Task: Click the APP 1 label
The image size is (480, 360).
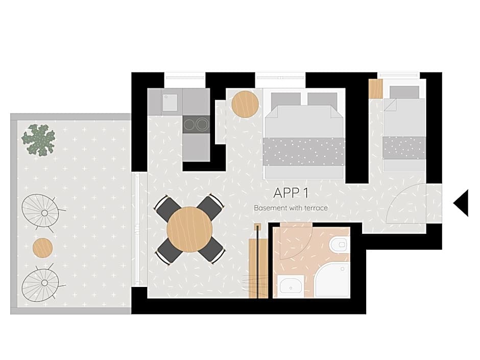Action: [291, 193]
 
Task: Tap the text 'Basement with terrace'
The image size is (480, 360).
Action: [291, 208]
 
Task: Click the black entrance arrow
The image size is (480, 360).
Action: [461, 203]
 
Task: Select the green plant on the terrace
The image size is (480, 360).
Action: [38, 139]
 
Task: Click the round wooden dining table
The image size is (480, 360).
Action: [189, 229]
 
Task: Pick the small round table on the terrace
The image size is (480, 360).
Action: [42, 248]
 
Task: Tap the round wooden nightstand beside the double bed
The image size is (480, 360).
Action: [245, 104]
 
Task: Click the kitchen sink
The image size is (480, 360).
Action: [170, 102]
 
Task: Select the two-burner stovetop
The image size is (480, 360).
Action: [196, 124]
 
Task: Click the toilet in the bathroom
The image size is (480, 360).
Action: [339, 245]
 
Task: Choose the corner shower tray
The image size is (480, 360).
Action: [332, 280]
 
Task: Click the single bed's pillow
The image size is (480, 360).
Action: [404, 92]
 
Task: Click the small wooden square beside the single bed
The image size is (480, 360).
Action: [375, 89]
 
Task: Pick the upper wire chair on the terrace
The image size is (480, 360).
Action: [41, 211]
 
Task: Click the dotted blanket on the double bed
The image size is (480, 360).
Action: [304, 151]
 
